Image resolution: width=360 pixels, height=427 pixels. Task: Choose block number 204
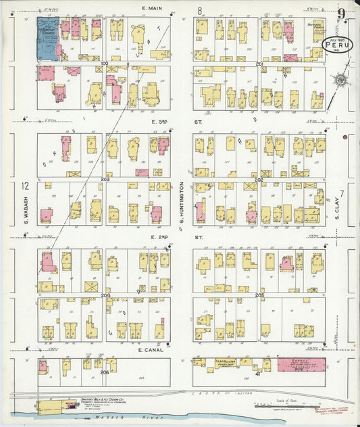[x=105, y=295]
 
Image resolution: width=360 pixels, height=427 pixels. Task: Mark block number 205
[x=259, y=295]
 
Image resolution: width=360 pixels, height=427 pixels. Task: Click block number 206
[x=104, y=372]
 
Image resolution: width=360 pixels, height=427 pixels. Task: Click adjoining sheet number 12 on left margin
[x=25, y=186]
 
